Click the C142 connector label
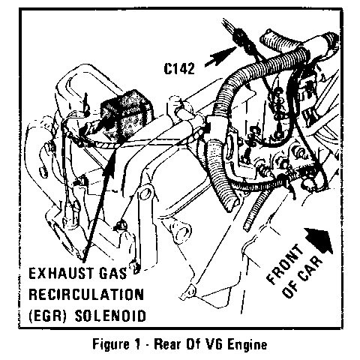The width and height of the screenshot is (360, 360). pyautogui.click(x=179, y=68)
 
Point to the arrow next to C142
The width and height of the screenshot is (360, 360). pyautogui.click(x=220, y=56)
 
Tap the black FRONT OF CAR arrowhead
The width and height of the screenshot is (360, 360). pyautogui.click(x=319, y=240)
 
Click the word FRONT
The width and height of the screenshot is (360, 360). pyautogui.click(x=284, y=265)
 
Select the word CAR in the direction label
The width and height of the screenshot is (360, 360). pyautogui.click(x=309, y=273)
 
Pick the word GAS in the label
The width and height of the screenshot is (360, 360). pyautogui.click(x=113, y=273)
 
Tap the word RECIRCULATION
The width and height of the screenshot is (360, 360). pyautogui.click(x=86, y=294)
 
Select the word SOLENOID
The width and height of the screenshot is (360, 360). pyautogui.click(x=110, y=316)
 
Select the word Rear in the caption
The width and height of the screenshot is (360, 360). pyautogui.click(x=167, y=344)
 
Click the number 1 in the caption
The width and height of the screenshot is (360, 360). pyautogui.click(x=134, y=344)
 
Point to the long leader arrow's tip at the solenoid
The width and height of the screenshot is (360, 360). pyautogui.click(x=115, y=150)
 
